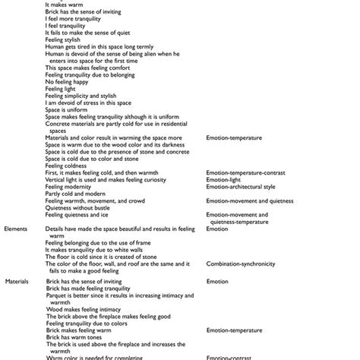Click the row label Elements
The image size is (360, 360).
tap(17, 228)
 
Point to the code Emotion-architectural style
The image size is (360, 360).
tap(241, 186)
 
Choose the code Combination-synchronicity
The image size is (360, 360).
tap(242, 264)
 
